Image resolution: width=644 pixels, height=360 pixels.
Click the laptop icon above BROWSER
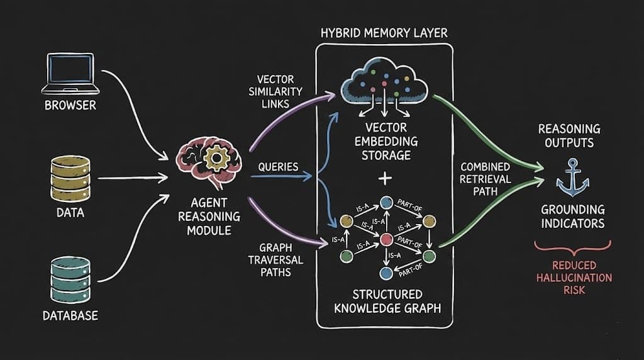[x=70, y=72]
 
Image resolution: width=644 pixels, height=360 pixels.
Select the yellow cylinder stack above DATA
[x=70, y=177]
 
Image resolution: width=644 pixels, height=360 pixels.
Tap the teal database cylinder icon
[x=70, y=279]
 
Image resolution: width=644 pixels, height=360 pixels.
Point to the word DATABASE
[x=70, y=315]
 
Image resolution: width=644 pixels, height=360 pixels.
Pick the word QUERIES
[x=278, y=167]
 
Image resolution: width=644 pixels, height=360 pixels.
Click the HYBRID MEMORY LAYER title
[x=384, y=33]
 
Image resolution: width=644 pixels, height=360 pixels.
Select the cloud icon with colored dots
[x=384, y=88]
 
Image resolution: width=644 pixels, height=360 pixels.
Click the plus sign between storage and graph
[x=384, y=178]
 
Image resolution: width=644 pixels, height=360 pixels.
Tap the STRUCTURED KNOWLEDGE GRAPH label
[x=384, y=301]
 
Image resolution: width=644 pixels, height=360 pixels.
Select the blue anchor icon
[x=572, y=178]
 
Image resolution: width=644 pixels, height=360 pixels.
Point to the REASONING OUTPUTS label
[x=569, y=135]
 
